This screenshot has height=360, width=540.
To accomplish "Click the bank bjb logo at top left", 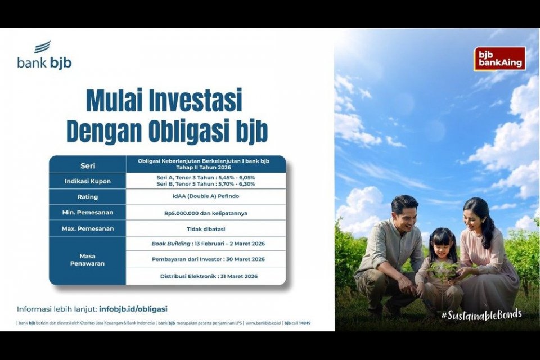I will [x=44, y=56].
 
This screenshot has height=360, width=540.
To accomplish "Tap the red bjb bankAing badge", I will [x=499, y=58].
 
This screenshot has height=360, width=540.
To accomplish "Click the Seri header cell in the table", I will [x=87, y=165].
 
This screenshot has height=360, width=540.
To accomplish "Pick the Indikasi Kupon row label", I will [x=87, y=181].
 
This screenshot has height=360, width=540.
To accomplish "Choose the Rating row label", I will [x=87, y=197].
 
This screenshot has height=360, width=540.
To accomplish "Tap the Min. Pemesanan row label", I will [x=87, y=213].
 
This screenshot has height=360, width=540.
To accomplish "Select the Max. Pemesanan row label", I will [x=87, y=229].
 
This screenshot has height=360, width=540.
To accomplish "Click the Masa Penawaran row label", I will [x=87, y=259].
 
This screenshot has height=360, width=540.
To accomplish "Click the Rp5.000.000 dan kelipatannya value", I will [x=205, y=213].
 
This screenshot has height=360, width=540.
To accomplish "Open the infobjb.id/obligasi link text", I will [x=133, y=309].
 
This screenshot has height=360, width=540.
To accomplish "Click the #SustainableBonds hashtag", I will [x=481, y=314].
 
